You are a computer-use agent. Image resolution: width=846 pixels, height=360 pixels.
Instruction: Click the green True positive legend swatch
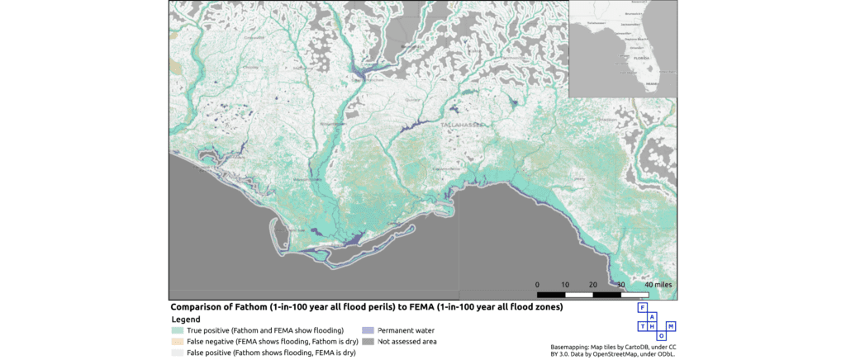click(178, 330)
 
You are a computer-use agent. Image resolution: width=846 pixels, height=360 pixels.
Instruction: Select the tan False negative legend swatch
click(178, 341)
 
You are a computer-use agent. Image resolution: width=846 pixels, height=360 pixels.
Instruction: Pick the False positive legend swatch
click(178, 352)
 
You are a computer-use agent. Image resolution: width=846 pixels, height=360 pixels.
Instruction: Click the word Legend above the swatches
click(186, 319)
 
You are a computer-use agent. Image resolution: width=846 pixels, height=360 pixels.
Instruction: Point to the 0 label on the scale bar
click(537, 285)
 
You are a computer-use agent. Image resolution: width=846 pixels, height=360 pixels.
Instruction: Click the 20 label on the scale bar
click(592, 285)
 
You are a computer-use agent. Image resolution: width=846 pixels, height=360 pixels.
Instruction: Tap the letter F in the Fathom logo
click(642, 307)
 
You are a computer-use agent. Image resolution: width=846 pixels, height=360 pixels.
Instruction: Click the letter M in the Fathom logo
click(671, 326)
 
